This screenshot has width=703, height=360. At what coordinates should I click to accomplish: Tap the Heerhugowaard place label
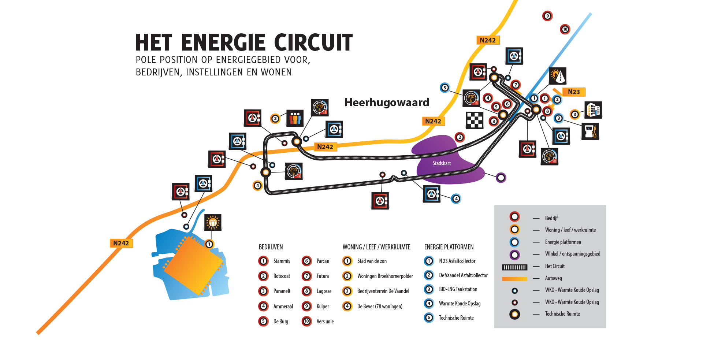pyautogui.click(x=387, y=103)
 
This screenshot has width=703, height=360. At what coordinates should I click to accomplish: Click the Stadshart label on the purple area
pyautogui.click(x=442, y=163)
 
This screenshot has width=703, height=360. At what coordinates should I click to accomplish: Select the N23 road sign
pyautogui.click(x=574, y=92)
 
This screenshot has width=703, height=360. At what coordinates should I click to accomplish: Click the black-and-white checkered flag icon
pyautogui.click(x=475, y=120)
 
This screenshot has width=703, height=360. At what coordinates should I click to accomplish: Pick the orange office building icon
pyautogui.click(x=593, y=110)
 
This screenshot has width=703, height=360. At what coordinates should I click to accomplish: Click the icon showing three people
pyautogui.click(x=295, y=118)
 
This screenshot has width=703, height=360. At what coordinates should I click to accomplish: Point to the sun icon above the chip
pyautogui.click(x=213, y=222)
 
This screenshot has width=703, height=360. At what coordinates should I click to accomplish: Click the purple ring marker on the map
pyautogui.click(x=501, y=178)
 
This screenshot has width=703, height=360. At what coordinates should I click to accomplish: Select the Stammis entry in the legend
pyautogui.click(x=282, y=261)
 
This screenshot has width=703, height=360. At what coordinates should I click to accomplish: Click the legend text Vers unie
pyautogui.click(x=325, y=322)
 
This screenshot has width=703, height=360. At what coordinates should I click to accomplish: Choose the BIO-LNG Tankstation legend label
pyautogui.click(x=458, y=289)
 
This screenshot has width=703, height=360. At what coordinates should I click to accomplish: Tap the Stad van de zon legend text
pyautogui.click(x=372, y=261)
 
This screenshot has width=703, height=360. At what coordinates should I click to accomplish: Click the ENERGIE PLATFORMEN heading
pyautogui.click(x=449, y=247)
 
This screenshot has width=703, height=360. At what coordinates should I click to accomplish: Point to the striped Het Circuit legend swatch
pyautogui.click(x=514, y=267)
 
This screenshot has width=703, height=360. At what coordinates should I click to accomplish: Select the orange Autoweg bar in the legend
pyautogui.click(x=514, y=279)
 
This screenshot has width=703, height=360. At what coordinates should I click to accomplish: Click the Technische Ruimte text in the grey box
pyautogui.click(x=562, y=314)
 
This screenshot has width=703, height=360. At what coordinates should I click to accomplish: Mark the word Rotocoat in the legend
pyautogui.click(x=282, y=276)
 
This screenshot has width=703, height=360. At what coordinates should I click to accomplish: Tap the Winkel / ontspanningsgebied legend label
pyautogui.click(x=573, y=254)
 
